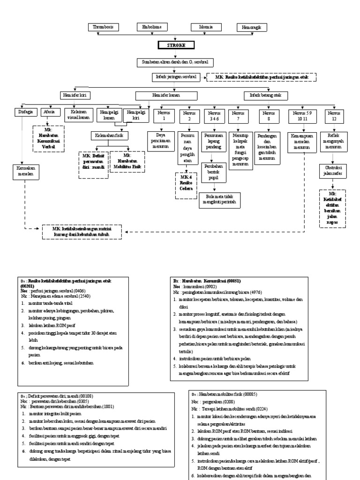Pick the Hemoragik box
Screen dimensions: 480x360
point(252,27)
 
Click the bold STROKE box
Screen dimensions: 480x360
point(176,45)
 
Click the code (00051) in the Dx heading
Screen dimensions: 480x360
point(232,280)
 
